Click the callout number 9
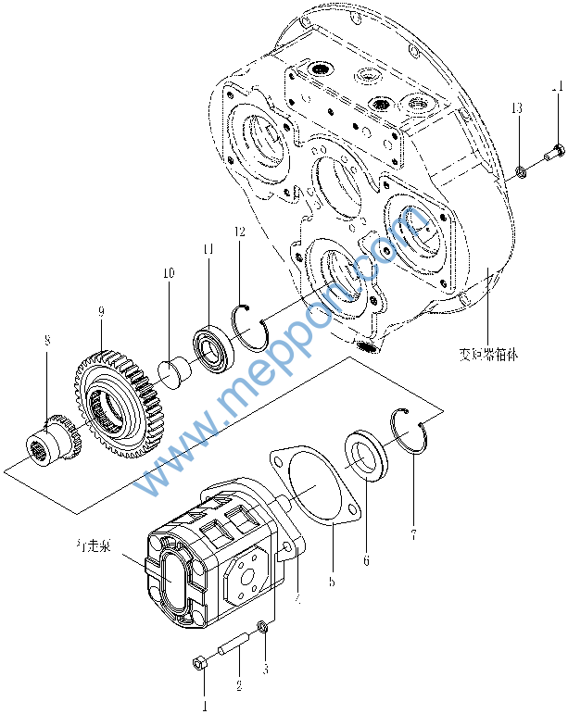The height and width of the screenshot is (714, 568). pos(100,314)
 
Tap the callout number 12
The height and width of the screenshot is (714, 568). pos(239,232)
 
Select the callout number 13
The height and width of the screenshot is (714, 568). pos(516,110)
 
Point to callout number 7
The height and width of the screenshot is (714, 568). pos(413,533)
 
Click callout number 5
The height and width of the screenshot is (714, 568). pos(331,582)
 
